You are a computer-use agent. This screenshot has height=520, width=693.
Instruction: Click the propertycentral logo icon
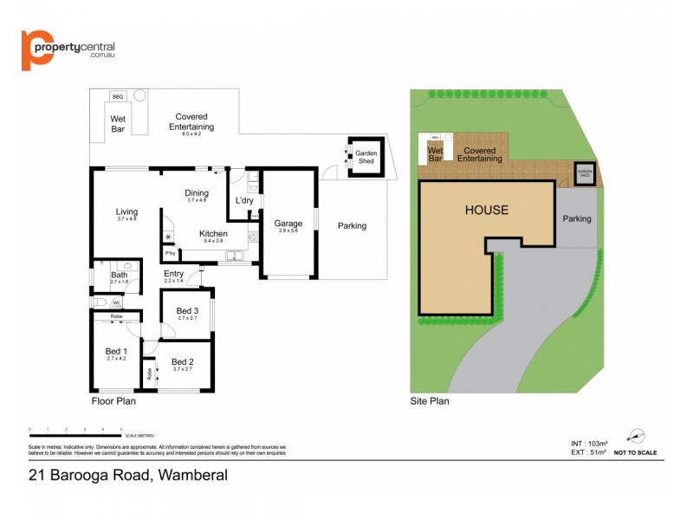[37, 51]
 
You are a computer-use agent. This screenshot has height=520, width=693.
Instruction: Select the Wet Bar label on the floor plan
[118, 123]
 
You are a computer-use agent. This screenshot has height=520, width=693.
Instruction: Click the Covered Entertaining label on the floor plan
[191, 121]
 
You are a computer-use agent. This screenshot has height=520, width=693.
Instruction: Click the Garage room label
[288, 224]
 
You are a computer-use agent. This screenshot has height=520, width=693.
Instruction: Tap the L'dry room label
[243, 201]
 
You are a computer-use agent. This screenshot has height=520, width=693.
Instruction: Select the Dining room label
[197, 193]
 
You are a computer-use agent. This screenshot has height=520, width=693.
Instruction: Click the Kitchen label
[213, 233]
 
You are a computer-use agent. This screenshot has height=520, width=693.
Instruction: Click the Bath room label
[119, 275]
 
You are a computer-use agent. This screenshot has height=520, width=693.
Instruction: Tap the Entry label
[173, 275]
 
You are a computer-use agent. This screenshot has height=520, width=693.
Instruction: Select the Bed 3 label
[187, 311]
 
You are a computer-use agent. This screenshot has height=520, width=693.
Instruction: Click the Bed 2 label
[182, 361]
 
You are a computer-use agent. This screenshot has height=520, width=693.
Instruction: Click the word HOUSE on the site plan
[487, 210]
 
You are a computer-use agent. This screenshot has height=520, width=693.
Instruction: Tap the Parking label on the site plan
[577, 218]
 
